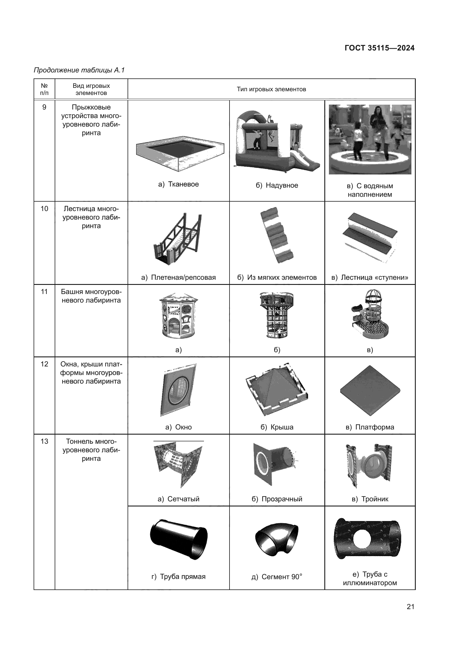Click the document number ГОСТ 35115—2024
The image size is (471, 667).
click(x=379, y=48)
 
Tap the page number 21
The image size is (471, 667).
click(x=410, y=607)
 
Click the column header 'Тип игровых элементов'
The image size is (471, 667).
click(x=271, y=89)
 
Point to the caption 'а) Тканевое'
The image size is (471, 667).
click(x=178, y=184)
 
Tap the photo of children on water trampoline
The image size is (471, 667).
click(x=370, y=139)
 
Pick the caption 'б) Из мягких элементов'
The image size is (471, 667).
click(x=277, y=277)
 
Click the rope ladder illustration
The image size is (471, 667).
click(x=177, y=239)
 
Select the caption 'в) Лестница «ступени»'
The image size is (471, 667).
click(x=370, y=277)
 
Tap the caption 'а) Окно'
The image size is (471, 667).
click(x=178, y=427)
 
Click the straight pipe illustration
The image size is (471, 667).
click(x=179, y=540)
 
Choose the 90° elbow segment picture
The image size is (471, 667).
click(x=277, y=540)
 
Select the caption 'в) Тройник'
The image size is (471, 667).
click(x=370, y=499)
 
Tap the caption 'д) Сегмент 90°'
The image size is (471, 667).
click(x=277, y=577)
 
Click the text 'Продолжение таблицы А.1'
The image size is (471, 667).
click(x=79, y=70)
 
